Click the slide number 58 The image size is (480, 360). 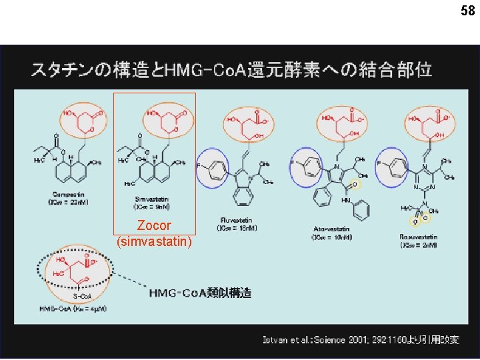(467, 11)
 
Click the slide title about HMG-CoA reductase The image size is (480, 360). (231, 70)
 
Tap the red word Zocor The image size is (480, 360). (154, 226)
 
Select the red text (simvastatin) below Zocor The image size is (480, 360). (154, 241)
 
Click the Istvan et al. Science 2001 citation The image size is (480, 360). (361, 340)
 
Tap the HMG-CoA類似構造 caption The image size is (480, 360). (200, 293)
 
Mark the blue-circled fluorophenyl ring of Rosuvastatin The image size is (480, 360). (392, 164)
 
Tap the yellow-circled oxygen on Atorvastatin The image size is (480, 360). (356, 184)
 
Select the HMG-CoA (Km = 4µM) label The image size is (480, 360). (73, 309)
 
